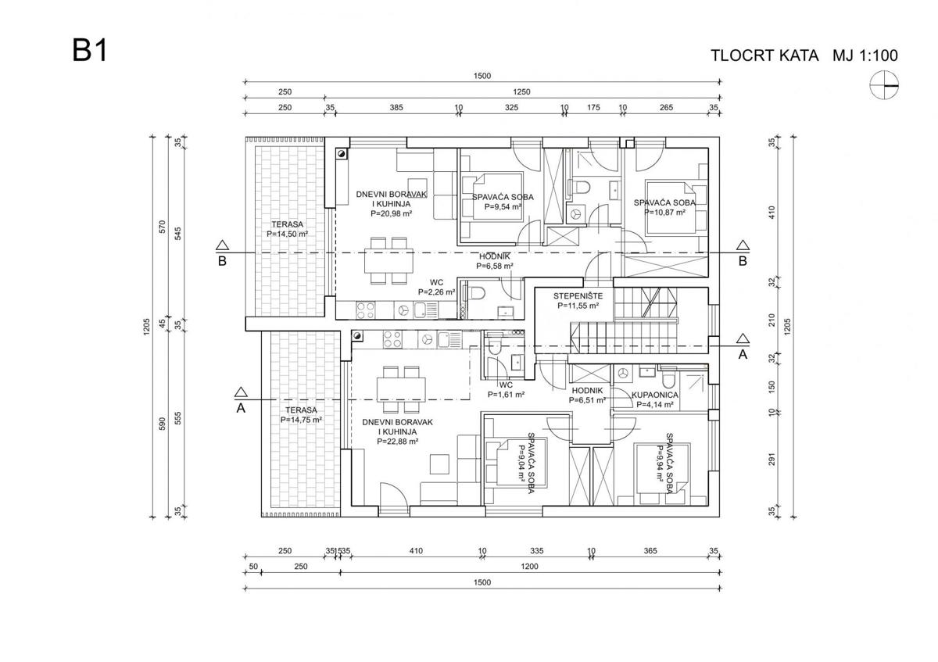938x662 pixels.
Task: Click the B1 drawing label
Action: click(90, 52)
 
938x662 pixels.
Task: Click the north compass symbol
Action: click(884, 84)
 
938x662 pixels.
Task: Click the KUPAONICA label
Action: click(655, 395)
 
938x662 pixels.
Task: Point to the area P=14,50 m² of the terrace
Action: click(287, 233)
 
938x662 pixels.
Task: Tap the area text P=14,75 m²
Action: click(301, 420)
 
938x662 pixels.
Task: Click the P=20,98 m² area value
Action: click(391, 213)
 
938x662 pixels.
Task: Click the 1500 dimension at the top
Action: click(482, 76)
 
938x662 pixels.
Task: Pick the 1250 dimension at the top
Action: click(522, 92)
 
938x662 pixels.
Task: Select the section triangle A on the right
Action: click(743, 339)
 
